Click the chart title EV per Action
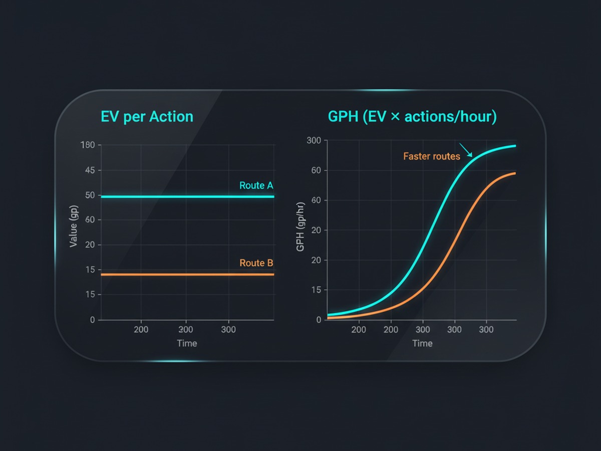(x=147, y=117)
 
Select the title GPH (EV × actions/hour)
(x=412, y=117)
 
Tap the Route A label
(x=256, y=185)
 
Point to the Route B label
(x=256, y=263)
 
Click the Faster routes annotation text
(x=431, y=156)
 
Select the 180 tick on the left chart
(x=87, y=145)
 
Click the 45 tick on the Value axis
(x=90, y=170)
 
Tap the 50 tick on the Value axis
(x=90, y=195)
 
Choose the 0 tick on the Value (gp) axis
(x=92, y=320)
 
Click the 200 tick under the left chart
(x=141, y=330)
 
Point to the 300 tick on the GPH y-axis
(x=314, y=140)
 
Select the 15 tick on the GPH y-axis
(x=316, y=290)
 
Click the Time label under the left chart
(x=187, y=343)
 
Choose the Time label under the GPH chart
(x=422, y=343)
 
